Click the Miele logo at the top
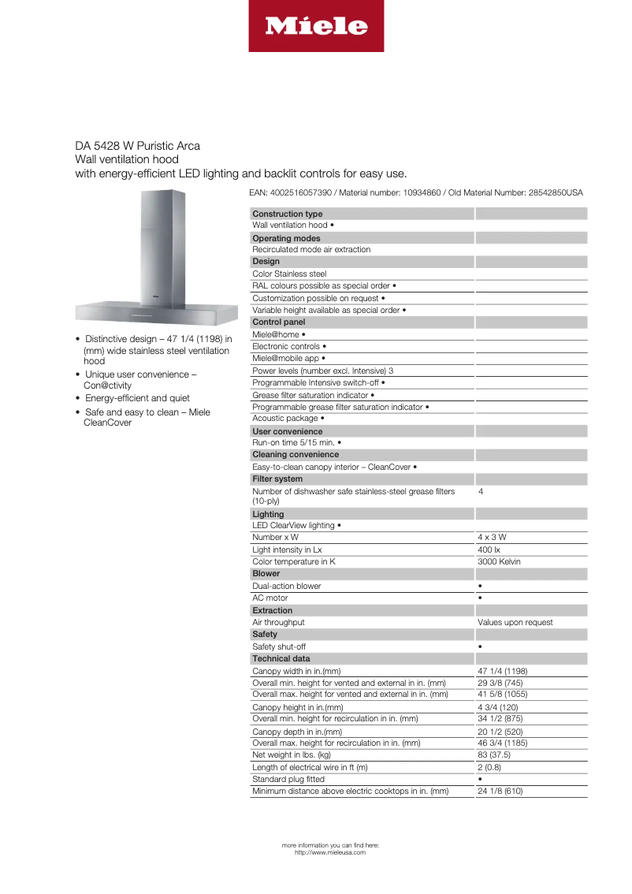pyautogui.click(x=316, y=26)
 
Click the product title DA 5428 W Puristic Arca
pyautogui.click(x=137, y=146)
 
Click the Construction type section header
pyautogui.click(x=287, y=214)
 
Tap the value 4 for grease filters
pyautogui.click(x=481, y=491)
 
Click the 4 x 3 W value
pyautogui.click(x=492, y=538)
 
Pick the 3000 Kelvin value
pyautogui.click(x=499, y=561)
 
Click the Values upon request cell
pyautogui.click(x=515, y=622)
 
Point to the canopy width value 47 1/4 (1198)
pyautogui.click(x=502, y=671)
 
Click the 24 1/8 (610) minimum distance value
pyautogui.click(x=500, y=791)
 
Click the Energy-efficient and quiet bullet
pyautogui.click(x=137, y=398)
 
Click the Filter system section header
pyautogui.click(x=277, y=479)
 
